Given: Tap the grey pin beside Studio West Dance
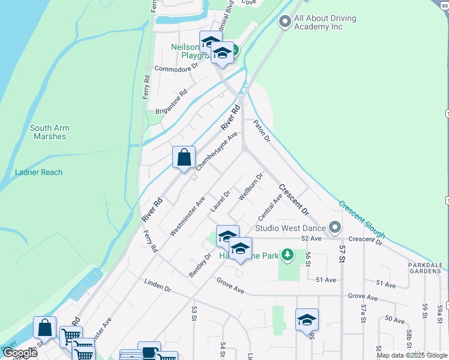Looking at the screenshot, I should (x=334, y=228).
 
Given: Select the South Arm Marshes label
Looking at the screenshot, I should (x=48, y=132).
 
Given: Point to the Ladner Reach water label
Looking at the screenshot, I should (x=38, y=172).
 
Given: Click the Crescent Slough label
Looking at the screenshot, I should (x=361, y=219).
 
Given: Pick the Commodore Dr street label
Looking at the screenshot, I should (x=176, y=69).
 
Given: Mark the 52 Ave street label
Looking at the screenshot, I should (x=312, y=238).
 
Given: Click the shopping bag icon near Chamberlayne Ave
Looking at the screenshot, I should (x=184, y=157).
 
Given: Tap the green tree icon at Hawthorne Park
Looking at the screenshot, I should (x=288, y=256).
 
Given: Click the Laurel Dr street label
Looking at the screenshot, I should (x=220, y=202).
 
